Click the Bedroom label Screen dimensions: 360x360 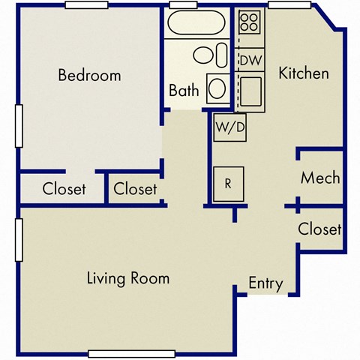(x=89, y=75)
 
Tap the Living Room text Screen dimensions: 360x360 (x=128, y=278)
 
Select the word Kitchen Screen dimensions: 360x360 (x=304, y=73)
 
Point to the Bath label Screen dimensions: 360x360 (x=184, y=91)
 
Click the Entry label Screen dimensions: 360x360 (x=266, y=283)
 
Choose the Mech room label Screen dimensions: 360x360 (x=320, y=178)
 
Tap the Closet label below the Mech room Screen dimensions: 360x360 (x=319, y=229)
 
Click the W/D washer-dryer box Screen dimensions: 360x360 (x=229, y=127)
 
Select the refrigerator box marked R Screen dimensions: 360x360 (x=228, y=182)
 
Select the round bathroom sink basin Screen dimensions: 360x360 (x=217, y=88)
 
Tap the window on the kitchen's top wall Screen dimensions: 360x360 (x=290, y=5)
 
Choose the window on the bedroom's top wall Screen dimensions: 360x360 (x=89, y=5)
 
